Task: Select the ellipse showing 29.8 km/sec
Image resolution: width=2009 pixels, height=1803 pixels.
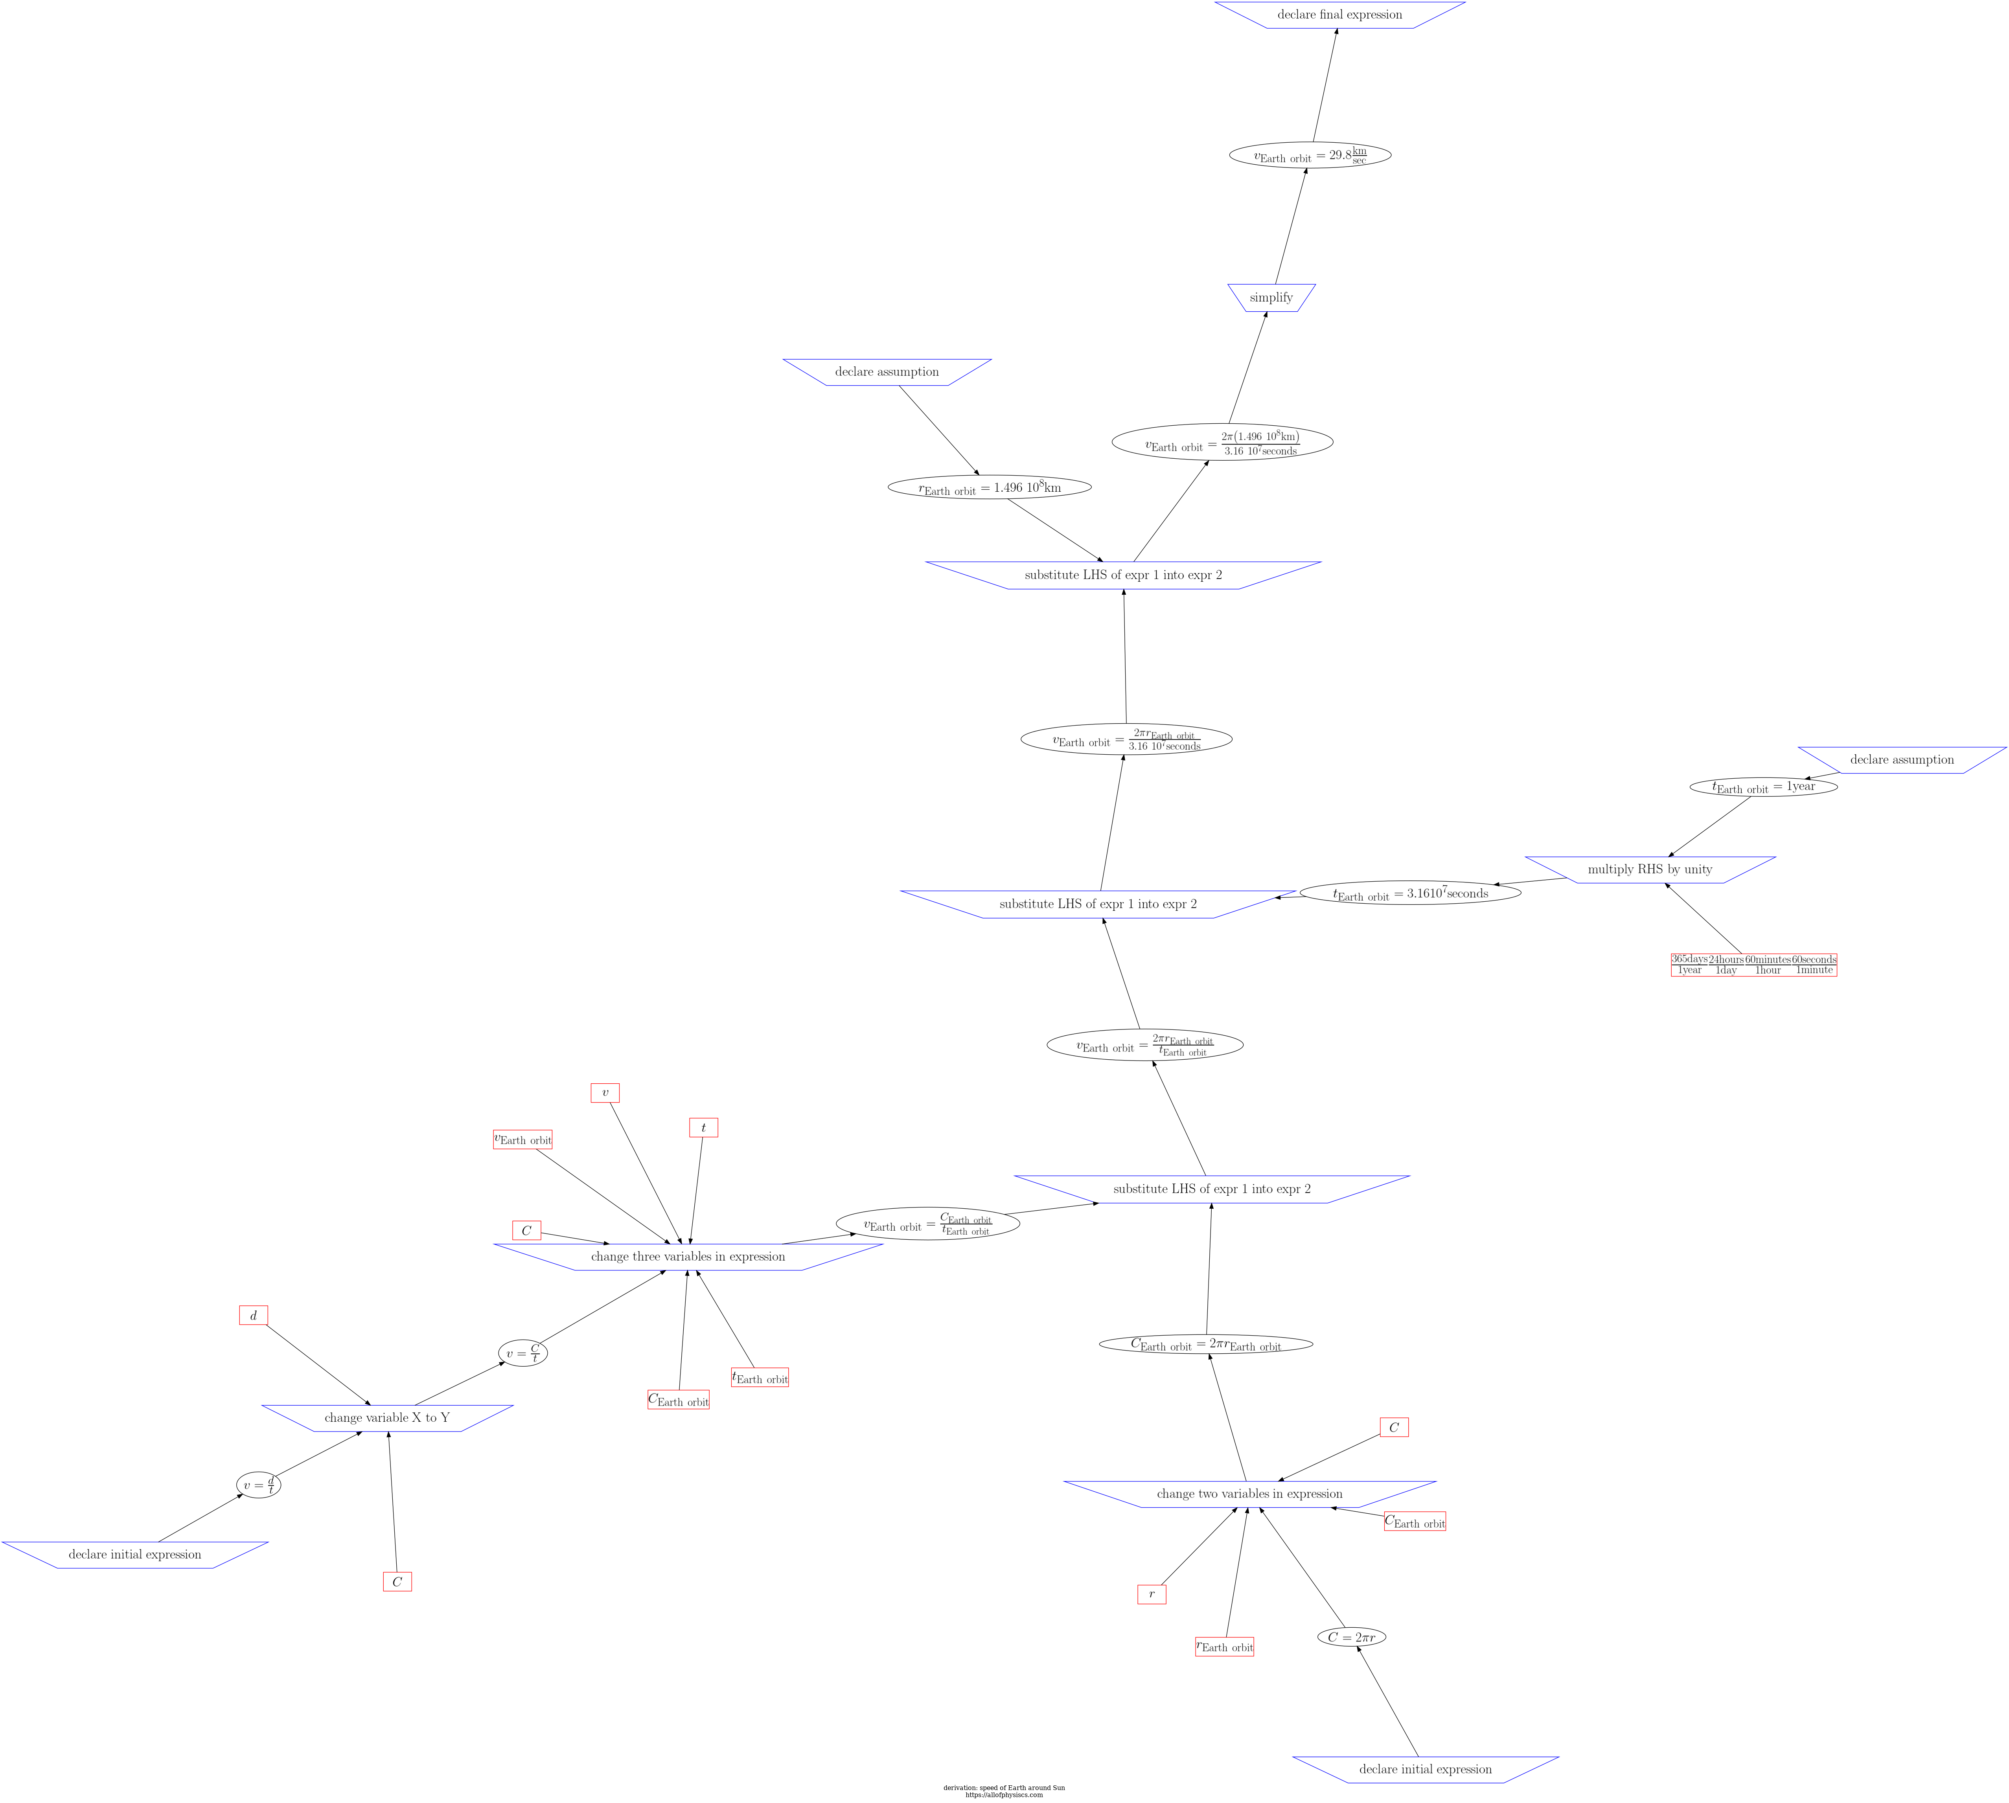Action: tap(1310, 156)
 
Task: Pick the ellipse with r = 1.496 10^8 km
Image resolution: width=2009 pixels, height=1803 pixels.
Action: tap(990, 487)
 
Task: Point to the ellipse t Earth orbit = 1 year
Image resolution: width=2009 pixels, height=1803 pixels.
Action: tap(1763, 787)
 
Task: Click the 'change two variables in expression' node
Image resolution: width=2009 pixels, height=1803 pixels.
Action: tap(1249, 1494)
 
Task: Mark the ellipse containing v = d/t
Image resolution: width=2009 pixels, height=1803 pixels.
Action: tap(259, 1485)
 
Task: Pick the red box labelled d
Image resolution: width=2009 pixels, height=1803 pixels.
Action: tap(254, 1316)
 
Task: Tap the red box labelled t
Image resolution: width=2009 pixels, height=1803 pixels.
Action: tap(703, 1127)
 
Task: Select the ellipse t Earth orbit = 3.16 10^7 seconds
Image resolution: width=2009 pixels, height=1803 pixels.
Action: tap(1410, 893)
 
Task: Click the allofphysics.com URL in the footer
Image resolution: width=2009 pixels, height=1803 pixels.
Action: tap(1003, 1794)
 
